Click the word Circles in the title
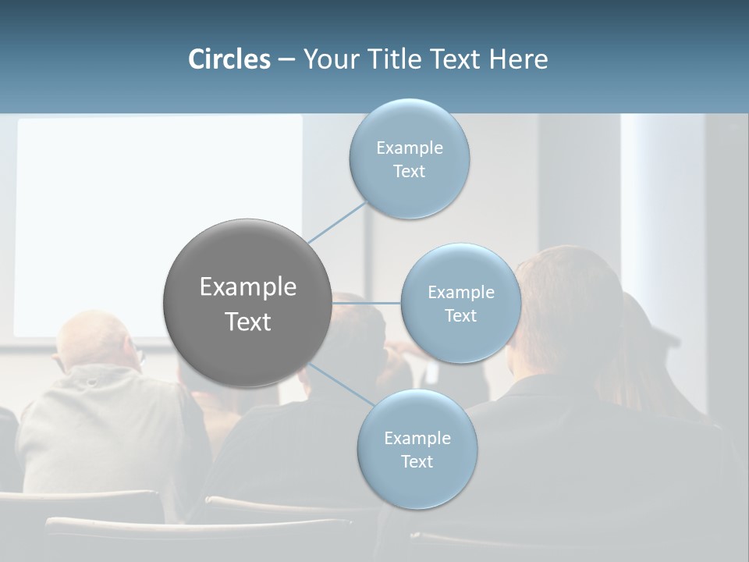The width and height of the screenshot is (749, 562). tap(229, 59)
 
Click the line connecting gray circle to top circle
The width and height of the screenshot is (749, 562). tap(337, 222)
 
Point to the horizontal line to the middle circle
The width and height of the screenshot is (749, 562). tap(367, 303)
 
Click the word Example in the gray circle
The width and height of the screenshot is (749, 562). tap(247, 287)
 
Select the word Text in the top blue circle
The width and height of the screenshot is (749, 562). tap(409, 172)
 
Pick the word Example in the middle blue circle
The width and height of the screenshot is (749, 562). tap(460, 293)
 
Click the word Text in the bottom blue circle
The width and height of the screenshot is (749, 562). tap(417, 462)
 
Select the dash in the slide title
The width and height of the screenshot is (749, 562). tap(286, 60)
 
